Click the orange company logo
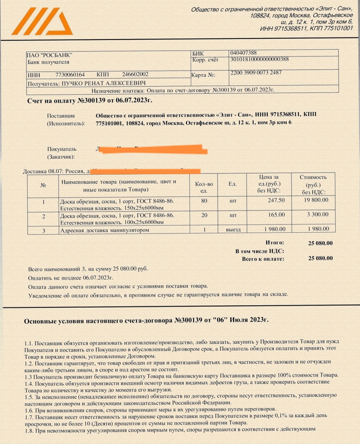pos(43,22)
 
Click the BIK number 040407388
pos(243,53)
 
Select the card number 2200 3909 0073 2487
pos(256,73)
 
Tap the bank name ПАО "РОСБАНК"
pos(49,55)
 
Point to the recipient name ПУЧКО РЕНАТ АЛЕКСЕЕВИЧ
pos(103,83)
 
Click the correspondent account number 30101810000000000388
pos(259,59)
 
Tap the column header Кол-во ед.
pos(204,187)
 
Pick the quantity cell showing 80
pos(204,201)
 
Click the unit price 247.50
pos(276,200)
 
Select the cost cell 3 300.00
pos(318,214)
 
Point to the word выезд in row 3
pos(233,230)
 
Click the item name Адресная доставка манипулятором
pos(104,230)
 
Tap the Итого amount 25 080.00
pos(320,243)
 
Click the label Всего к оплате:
pos(263,259)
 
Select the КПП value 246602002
pos(135,74)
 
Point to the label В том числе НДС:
pos(260,251)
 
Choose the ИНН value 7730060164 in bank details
pos(70,75)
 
